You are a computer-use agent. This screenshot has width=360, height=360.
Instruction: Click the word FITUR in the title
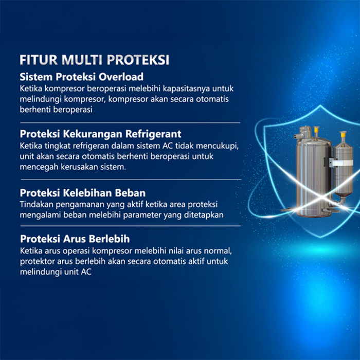[39, 60]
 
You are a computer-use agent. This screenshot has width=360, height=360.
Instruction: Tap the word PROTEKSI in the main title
[138, 60]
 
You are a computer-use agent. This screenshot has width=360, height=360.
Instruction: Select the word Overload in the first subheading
[121, 77]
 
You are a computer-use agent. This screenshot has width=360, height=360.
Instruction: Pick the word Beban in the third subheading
[130, 193]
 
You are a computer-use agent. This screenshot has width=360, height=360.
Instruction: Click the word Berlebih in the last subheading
[109, 239]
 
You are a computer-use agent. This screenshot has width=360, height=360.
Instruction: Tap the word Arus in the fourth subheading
[75, 239]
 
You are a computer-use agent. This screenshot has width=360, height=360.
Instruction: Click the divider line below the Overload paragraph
[130, 123]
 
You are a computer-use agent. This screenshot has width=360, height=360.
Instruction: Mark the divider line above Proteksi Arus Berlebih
[131, 226]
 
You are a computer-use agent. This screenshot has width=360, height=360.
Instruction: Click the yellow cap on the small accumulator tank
[343, 134]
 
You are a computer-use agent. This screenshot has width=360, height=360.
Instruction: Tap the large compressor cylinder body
[313, 174]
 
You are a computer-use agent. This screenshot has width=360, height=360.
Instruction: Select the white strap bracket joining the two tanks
[341, 163]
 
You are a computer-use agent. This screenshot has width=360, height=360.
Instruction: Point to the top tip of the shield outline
[320, 105]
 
